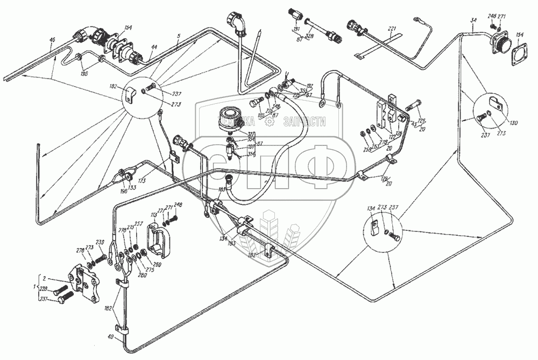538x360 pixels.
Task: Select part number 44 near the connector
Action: click(154, 48)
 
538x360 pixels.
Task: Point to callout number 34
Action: click(473, 20)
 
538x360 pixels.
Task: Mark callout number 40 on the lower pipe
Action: click(111, 337)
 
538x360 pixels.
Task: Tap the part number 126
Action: click(400, 134)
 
